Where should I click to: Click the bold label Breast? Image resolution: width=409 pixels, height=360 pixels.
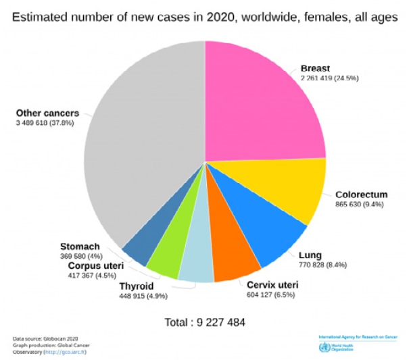click(316, 68)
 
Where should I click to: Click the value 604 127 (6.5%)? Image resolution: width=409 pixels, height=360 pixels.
click(270, 294)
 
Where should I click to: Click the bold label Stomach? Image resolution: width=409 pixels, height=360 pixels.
click(80, 246)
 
